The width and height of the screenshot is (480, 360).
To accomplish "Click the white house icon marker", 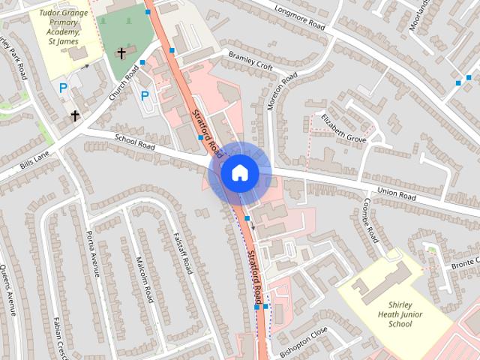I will tap(239, 173).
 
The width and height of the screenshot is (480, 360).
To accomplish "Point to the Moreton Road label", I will tap(283, 92).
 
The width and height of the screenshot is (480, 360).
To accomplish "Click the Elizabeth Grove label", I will tap(343, 128).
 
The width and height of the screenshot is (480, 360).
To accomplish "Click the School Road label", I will tap(134, 142).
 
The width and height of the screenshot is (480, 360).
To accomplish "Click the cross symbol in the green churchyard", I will tap(121, 53).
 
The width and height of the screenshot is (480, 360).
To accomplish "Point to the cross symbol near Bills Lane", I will tap(75, 115).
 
